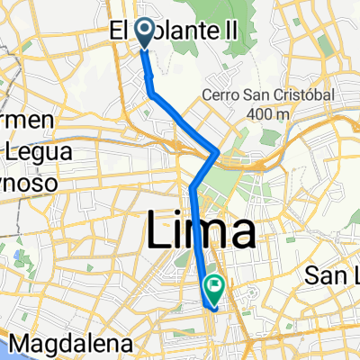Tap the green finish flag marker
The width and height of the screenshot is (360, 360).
(x=215, y=287)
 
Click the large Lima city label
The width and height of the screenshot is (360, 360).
(x=199, y=234)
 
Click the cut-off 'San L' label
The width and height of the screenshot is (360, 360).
(x=334, y=273)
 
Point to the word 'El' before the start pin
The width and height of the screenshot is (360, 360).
(x=121, y=32)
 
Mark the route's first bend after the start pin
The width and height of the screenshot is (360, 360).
(x=151, y=93)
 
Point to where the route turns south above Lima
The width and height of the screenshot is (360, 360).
(x=193, y=187)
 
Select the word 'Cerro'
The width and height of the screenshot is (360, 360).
(x=222, y=95)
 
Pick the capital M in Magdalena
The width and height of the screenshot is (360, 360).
(x=19, y=343)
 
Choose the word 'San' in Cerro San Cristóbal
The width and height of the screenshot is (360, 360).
(x=258, y=95)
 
